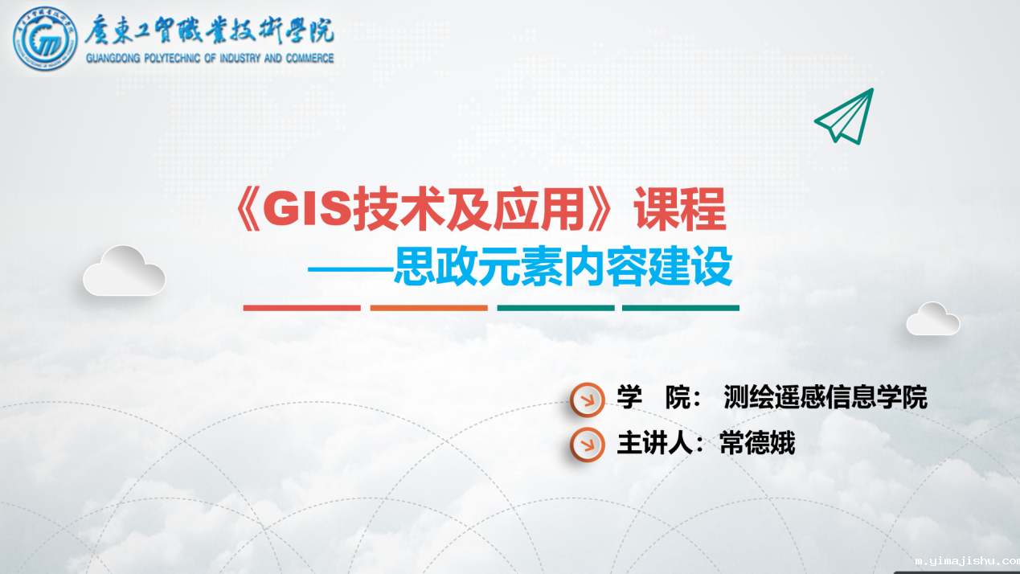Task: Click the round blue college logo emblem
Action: [45, 39]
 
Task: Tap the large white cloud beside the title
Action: [124, 271]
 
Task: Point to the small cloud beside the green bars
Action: [932, 319]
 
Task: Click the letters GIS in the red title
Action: [308, 209]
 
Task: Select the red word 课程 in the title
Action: [679, 209]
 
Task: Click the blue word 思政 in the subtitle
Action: [436, 266]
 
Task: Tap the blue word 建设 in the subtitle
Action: [690, 266]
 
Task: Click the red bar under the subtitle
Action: [302, 308]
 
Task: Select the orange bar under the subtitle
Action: [429, 308]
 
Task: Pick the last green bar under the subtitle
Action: [681, 308]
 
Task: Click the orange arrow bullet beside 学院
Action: [588, 400]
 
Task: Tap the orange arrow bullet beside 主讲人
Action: [588, 444]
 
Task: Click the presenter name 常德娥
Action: [757, 442]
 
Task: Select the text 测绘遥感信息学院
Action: [825, 397]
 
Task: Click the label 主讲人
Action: [654, 442]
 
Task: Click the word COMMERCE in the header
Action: [309, 59]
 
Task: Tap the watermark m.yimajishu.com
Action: [967, 561]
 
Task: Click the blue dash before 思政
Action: [350, 269]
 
